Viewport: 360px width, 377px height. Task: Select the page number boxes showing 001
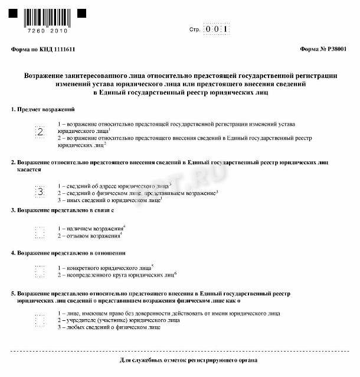pos(216,28)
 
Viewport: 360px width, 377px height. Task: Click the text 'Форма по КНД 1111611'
pos(43,50)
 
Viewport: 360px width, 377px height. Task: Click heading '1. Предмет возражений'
pos(43,110)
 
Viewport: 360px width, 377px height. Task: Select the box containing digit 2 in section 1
pos(40,132)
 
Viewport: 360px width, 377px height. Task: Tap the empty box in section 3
pos(40,232)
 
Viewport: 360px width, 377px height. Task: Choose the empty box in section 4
pos(40,271)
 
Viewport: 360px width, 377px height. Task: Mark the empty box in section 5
pos(40,320)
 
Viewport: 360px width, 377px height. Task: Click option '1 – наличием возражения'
pos(91,228)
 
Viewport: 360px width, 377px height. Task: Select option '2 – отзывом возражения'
pos(90,236)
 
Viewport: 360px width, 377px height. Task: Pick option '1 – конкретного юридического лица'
pos(105,268)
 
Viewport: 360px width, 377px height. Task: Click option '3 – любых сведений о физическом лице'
pos(109,327)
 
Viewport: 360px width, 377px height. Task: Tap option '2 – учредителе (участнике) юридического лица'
pos(119,320)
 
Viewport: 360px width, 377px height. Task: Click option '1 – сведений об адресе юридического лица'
pos(114,185)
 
